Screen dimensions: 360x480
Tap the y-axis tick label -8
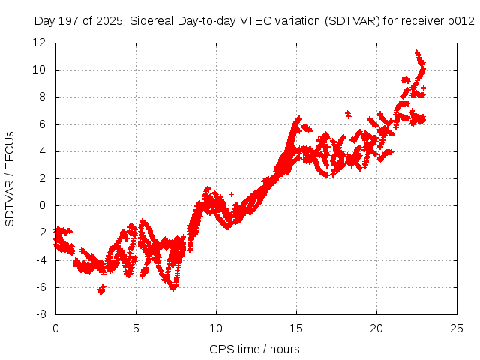click(x=42, y=315)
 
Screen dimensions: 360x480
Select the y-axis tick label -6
click(x=42, y=288)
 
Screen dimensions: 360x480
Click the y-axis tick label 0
click(x=45, y=206)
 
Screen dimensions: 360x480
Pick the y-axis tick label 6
click(x=45, y=124)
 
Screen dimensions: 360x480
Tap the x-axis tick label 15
click(x=296, y=328)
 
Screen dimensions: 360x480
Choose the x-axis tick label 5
click(x=136, y=328)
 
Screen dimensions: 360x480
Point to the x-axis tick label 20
click(x=376, y=328)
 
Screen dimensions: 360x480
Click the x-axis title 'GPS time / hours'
click(x=255, y=349)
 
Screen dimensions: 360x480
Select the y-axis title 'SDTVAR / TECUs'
click(x=10, y=178)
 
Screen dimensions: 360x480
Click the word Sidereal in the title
click(x=151, y=21)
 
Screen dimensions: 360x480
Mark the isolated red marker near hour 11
click(x=231, y=194)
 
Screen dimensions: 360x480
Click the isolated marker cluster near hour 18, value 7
click(x=347, y=114)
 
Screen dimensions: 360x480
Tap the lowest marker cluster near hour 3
click(x=101, y=289)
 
